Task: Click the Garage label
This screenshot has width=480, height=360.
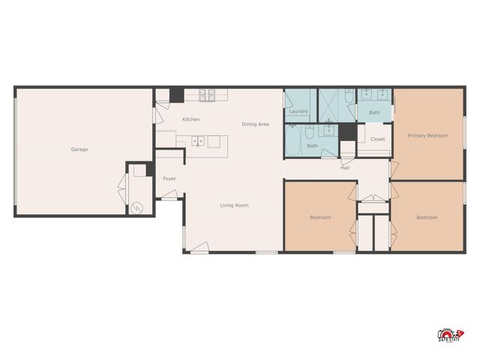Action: pyautogui.click(x=79, y=149)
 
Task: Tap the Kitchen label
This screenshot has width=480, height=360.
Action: pyautogui.click(x=190, y=120)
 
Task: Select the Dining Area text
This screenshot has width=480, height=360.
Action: pyautogui.click(x=255, y=124)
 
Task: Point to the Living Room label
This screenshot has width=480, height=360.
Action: pyautogui.click(x=233, y=205)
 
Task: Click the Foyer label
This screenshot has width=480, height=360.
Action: pyautogui.click(x=169, y=178)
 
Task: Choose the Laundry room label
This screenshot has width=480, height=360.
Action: pyautogui.click(x=298, y=112)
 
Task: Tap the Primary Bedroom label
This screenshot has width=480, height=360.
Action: pyautogui.click(x=427, y=136)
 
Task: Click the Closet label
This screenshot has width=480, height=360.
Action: pyautogui.click(x=377, y=139)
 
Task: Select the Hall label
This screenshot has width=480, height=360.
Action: pyautogui.click(x=345, y=168)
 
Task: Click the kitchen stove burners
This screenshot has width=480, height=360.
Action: pyautogui.click(x=206, y=94)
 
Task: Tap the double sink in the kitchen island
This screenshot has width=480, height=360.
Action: pyautogui.click(x=198, y=140)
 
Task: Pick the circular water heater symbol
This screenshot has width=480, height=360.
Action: pyautogui.click(x=137, y=208)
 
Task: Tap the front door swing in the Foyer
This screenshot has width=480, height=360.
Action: pyautogui.click(x=170, y=196)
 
